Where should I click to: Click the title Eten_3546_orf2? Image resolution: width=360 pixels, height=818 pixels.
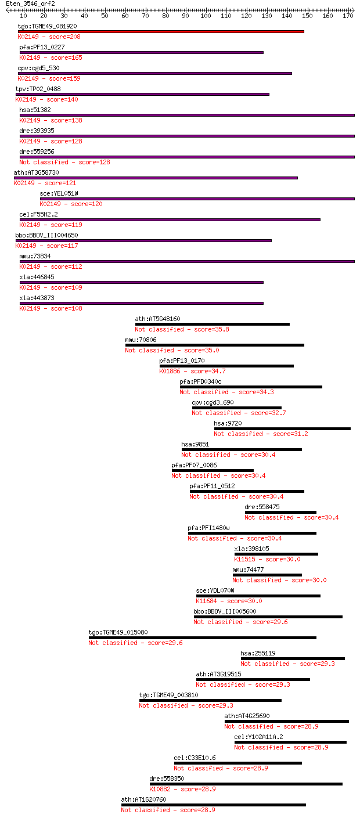(x=30, y=3)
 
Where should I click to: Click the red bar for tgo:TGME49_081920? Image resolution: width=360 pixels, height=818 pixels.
(x=161, y=32)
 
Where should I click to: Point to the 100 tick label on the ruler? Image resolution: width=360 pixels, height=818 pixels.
(x=206, y=16)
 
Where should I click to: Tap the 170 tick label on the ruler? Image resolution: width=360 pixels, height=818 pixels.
(x=348, y=16)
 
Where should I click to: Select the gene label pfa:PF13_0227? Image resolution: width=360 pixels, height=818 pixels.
(x=42, y=47)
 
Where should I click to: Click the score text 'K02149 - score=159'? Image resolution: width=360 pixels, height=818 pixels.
(x=49, y=78)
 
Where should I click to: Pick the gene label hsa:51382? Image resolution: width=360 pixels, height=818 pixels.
(x=35, y=110)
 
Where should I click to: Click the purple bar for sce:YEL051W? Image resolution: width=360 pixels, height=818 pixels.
(x=197, y=199)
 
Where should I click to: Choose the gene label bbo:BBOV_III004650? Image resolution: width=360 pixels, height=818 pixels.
(x=46, y=235)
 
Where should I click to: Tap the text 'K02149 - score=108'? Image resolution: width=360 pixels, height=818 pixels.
(x=51, y=309)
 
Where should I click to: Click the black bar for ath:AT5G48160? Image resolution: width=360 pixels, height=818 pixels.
(x=212, y=325)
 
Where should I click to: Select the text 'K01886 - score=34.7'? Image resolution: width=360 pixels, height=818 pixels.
(x=192, y=372)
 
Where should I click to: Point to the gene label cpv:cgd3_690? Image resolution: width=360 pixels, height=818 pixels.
(x=213, y=402)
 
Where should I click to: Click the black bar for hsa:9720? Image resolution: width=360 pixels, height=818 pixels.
(x=282, y=428)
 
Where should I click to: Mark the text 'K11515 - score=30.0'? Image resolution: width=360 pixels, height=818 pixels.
(x=267, y=560)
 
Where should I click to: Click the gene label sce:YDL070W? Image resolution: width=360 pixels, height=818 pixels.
(x=215, y=590)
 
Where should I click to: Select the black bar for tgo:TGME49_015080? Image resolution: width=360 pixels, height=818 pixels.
(x=202, y=638)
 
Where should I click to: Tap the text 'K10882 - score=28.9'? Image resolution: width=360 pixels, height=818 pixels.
(x=182, y=789)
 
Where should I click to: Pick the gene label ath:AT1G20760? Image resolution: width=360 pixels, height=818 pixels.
(x=143, y=800)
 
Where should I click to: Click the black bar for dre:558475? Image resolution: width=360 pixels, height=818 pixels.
(x=280, y=513)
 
